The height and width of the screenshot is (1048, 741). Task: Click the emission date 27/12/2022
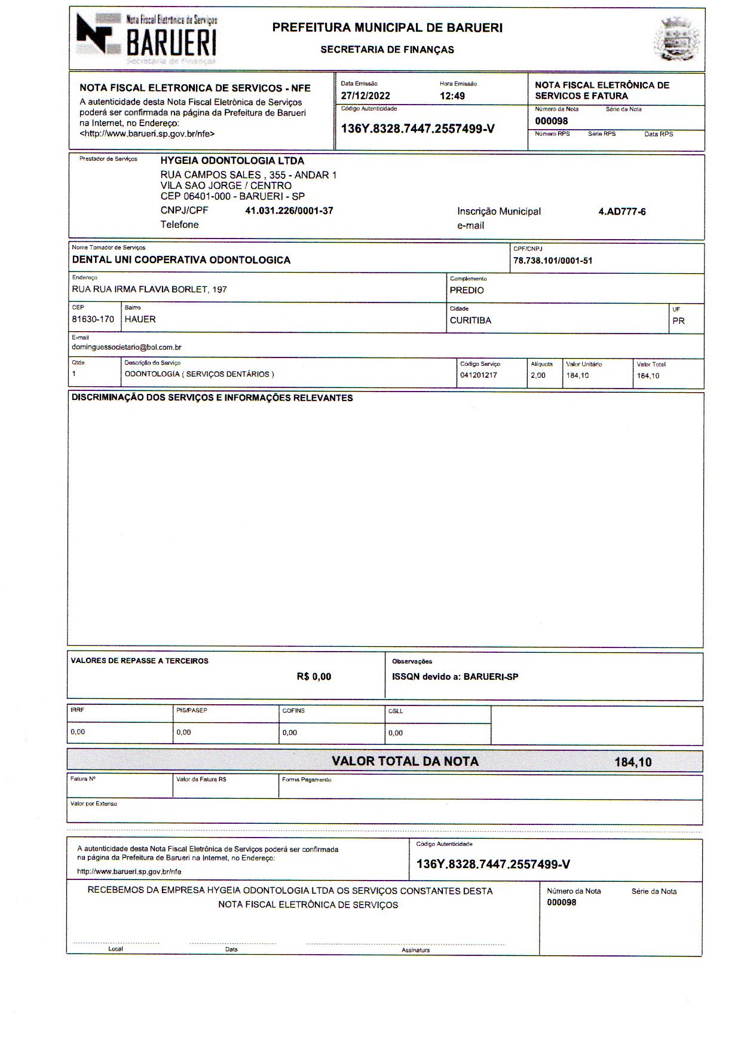pos(365,96)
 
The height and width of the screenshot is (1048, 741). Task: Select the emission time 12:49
pos(452,96)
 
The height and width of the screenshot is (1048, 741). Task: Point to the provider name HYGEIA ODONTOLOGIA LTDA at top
pos(232,161)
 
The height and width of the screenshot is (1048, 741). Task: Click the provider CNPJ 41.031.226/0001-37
pos(289,211)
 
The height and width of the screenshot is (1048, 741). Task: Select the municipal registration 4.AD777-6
pos(621,212)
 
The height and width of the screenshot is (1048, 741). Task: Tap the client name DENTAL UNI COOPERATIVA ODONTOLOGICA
pos(181,260)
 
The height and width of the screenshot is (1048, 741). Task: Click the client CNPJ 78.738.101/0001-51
pos(553,261)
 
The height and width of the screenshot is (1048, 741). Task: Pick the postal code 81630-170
pos(93,319)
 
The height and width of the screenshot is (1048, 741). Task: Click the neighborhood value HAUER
pos(140,319)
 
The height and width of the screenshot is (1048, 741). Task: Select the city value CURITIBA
pos(470,320)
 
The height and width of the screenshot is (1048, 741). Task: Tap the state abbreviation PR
pos(678,321)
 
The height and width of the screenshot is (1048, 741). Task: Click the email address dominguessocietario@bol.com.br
pos(127,347)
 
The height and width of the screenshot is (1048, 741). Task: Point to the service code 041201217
pos(478,375)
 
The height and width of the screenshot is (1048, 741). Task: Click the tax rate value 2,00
pos(538,375)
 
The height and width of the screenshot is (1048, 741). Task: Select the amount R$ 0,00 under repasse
pos(314,677)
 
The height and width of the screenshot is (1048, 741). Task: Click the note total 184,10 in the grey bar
pos(633,762)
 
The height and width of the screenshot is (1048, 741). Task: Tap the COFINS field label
pos(293,711)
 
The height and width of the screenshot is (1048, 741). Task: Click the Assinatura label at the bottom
pos(415,949)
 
